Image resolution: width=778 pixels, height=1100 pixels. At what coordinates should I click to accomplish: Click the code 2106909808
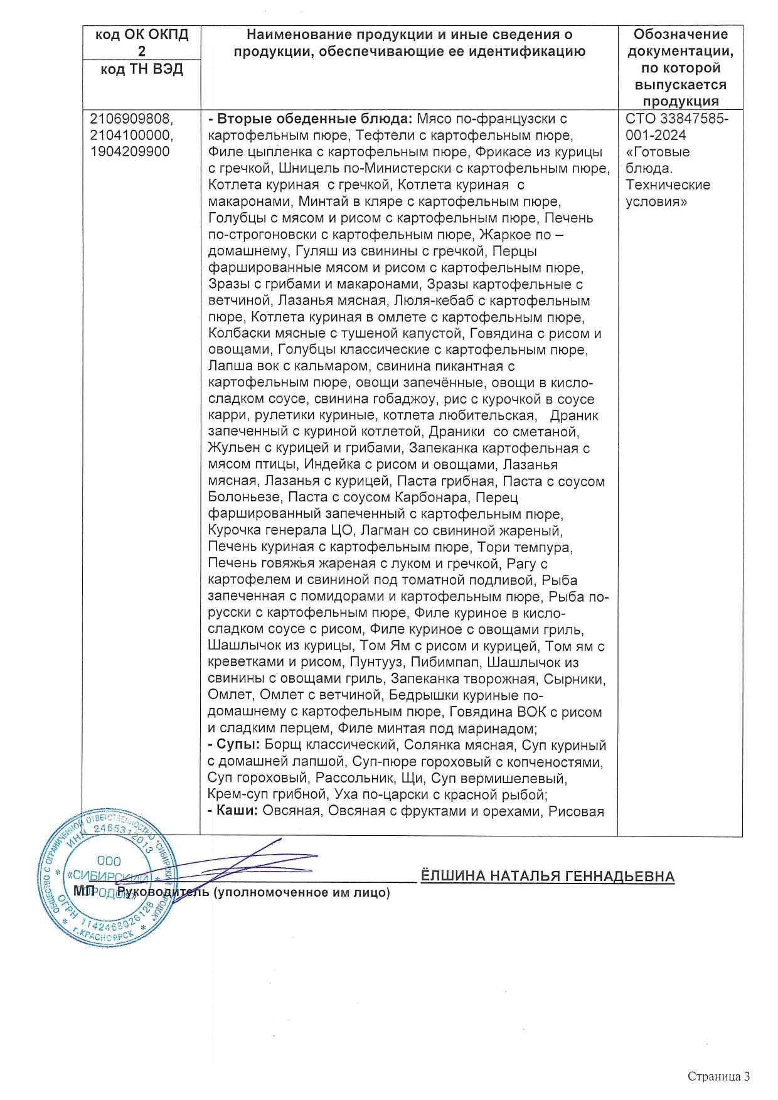pyautogui.click(x=131, y=119)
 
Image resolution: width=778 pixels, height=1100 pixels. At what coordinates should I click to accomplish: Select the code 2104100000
pyautogui.click(x=131, y=135)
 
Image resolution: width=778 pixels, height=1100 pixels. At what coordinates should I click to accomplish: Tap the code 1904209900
pyautogui.click(x=130, y=151)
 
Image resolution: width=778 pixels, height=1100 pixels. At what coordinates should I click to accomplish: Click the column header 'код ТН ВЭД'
pyautogui.click(x=141, y=69)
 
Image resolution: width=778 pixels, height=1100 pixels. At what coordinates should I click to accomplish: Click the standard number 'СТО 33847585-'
pyautogui.click(x=677, y=119)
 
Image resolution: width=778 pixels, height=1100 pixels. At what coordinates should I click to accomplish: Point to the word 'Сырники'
pyautogui.click(x=574, y=679)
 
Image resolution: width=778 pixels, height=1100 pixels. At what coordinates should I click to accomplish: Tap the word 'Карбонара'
pyautogui.click(x=431, y=498)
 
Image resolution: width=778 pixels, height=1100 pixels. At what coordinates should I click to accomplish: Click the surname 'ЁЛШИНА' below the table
pyautogui.click(x=452, y=876)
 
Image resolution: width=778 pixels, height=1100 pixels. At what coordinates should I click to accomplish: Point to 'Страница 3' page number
pyautogui.click(x=718, y=1076)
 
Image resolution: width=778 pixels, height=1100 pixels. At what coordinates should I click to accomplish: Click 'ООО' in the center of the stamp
pyautogui.click(x=109, y=861)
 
